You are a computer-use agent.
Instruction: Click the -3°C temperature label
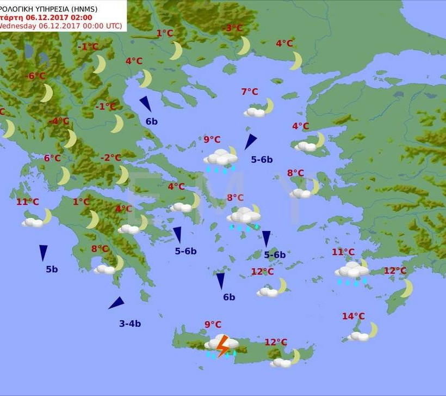coord(234,28)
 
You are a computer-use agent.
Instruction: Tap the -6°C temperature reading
coord(36,76)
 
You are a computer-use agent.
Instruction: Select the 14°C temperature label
coord(354,316)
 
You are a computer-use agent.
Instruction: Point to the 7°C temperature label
coord(250,92)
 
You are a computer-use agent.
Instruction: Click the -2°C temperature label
coord(111,157)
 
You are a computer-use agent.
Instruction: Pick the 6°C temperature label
coord(52,158)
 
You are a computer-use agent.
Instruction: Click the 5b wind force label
coord(52,269)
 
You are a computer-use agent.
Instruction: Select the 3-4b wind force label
coord(130,324)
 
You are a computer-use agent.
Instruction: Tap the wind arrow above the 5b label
coord(43,252)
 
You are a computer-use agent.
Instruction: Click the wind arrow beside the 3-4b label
coord(116,303)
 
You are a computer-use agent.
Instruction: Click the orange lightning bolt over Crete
coord(222,345)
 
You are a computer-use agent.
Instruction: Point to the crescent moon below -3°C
coord(244,46)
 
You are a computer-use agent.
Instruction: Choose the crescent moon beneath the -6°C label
coord(47,93)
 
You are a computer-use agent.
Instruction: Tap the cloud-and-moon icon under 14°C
coord(363,332)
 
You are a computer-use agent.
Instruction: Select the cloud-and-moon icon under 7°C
coord(259,108)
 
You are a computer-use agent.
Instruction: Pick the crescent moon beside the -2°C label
coord(123,175)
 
